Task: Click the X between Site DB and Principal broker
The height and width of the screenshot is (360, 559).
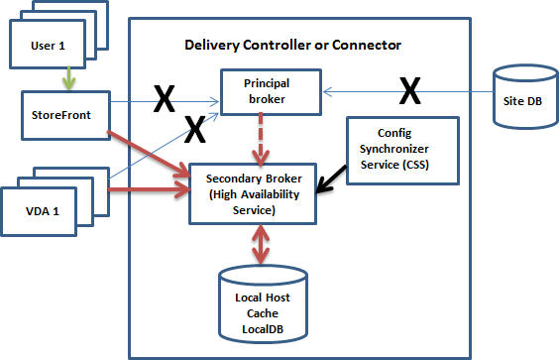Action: coord(407,93)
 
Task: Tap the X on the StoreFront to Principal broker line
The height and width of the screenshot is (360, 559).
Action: coord(165,97)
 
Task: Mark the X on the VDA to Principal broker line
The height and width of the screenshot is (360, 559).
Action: coord(195,127)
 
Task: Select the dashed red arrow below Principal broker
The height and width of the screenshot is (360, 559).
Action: coord(262,138)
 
